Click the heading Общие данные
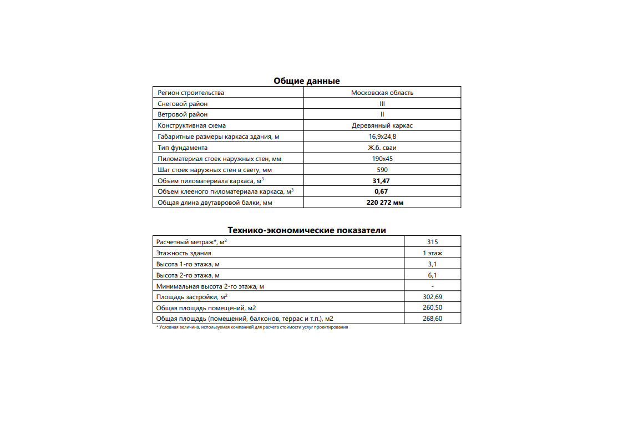306,81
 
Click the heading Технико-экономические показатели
306,230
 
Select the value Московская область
382,93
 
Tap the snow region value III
382,104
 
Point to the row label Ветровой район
183,114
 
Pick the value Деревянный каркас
382,125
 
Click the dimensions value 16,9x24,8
382,137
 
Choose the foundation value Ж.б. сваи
382,148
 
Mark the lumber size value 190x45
382,159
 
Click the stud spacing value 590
382,170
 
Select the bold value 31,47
382,181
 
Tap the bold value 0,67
382,191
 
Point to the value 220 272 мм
384,203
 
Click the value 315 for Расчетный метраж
432,241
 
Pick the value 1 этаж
432,253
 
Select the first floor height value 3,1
432,264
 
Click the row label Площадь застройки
192,296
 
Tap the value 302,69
432,297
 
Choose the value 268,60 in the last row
432,319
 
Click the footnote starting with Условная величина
252,327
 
